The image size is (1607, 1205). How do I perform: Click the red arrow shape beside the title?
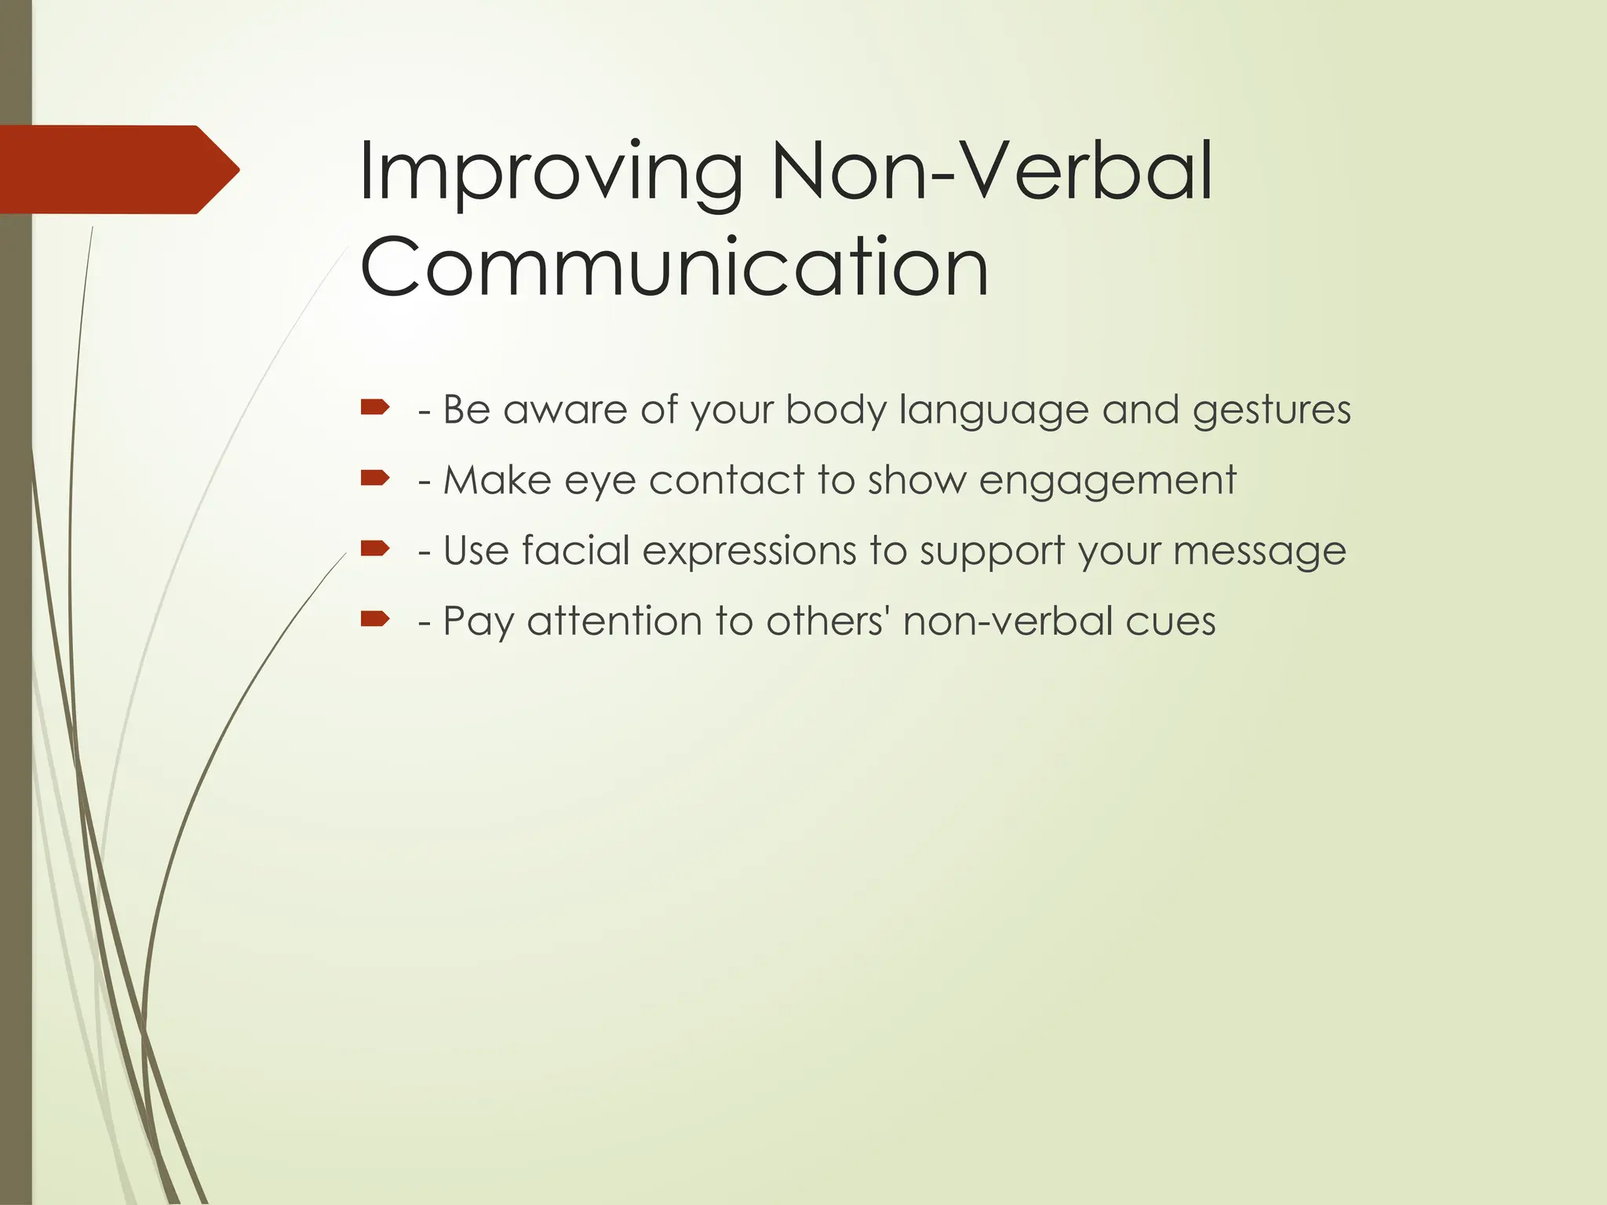point(118,169)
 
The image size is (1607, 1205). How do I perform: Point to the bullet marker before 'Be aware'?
point(375,407)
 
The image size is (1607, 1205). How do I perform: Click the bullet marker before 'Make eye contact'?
point(375,478)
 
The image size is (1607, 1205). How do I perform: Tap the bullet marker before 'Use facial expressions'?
point(375,548)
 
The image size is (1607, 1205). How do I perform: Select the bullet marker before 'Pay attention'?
point(375,619)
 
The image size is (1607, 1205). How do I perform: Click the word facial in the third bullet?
point(576,551)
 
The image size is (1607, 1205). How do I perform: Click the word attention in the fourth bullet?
point(614,621)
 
